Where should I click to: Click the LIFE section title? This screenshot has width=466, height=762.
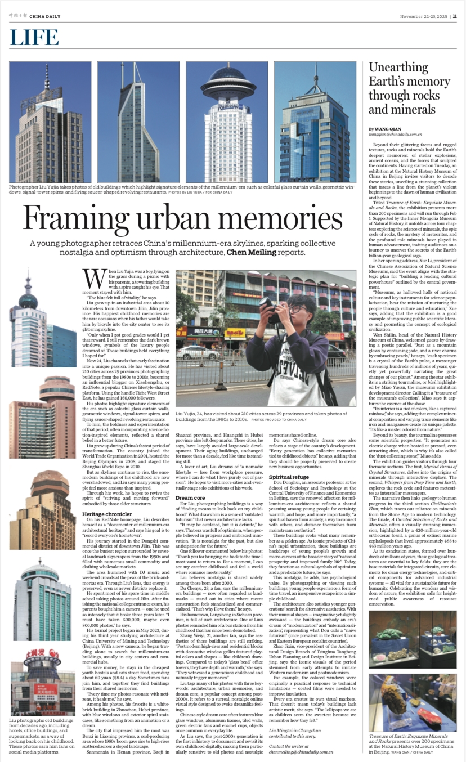pyautogui.click(x=34, y=38)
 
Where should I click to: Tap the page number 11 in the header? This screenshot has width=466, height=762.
pyautogui.click(x=455, y=16)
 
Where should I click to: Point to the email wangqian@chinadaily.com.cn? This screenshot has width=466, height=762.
pyautogui.click(x=395, y=135)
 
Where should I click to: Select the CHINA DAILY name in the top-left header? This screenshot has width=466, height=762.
pyautogui.click(x=46, y=16)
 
